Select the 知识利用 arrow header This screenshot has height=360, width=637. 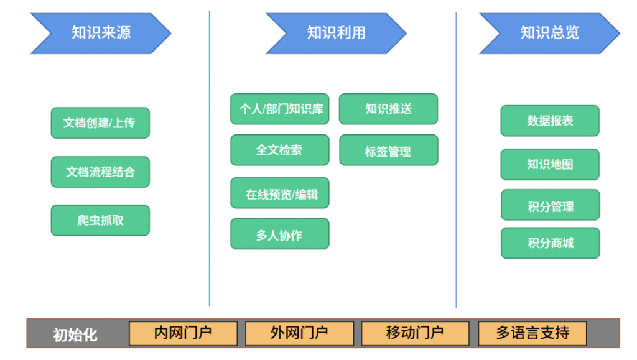point(336,33)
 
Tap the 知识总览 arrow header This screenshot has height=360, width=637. point(549,33)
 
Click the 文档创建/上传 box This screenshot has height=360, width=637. point(100,123)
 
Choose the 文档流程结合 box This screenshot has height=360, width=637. point(100,172)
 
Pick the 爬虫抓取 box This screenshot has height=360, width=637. point(100,220)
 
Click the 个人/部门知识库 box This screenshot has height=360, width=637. point(280,109)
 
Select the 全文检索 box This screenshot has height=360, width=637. point(280,150)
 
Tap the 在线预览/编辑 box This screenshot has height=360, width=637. point(280,193)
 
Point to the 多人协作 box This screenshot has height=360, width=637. point(280,234)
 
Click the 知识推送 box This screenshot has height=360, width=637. point(388,109)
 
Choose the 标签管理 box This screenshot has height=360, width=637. point(388,150)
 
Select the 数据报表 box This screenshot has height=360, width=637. point(550,121)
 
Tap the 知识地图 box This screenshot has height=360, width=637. point(550,164)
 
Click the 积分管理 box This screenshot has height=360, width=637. point(550,206)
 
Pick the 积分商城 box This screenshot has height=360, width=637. point(550,243)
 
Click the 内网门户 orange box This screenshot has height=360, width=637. point(183,333)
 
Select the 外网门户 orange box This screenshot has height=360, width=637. point(299,333)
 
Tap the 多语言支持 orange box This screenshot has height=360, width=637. point(532,333)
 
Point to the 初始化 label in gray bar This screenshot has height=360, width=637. point(75,335)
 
